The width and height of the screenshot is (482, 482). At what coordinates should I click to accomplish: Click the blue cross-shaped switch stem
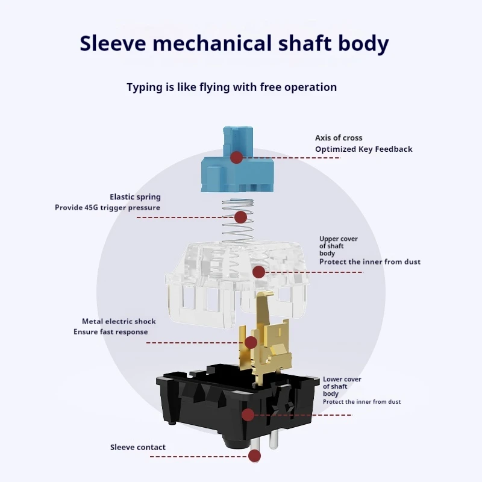click(x=237, y=159)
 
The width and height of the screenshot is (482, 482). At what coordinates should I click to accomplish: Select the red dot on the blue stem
click(x=236, y=157)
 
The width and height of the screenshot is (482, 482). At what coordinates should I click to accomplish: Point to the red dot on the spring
click(x=240, y=218)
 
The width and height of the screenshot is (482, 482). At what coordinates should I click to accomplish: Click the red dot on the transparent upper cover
click(x=259, y=272)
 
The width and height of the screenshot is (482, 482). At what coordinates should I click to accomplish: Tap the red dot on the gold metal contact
click(x=251, y=342)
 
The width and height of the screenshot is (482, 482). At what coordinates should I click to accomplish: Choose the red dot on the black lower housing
click(x=248, y=415)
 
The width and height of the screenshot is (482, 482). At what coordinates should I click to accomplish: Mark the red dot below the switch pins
click(x=254, y=456)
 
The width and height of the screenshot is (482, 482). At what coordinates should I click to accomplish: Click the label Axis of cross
click(x=339, y=138)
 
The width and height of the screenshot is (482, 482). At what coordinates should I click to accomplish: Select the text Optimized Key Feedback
click(x=364, y=149)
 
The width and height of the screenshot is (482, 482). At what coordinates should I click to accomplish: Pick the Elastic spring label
click(x=135, y=197)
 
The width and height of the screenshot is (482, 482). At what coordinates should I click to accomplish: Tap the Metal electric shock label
click(x=119, y=322)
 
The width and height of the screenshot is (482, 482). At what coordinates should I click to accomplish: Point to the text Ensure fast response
click(x=111, y=332)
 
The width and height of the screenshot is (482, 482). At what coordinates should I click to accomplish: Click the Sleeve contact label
click(x=138, y=447)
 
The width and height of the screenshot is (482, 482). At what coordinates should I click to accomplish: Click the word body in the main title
click(x=364, y=43)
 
